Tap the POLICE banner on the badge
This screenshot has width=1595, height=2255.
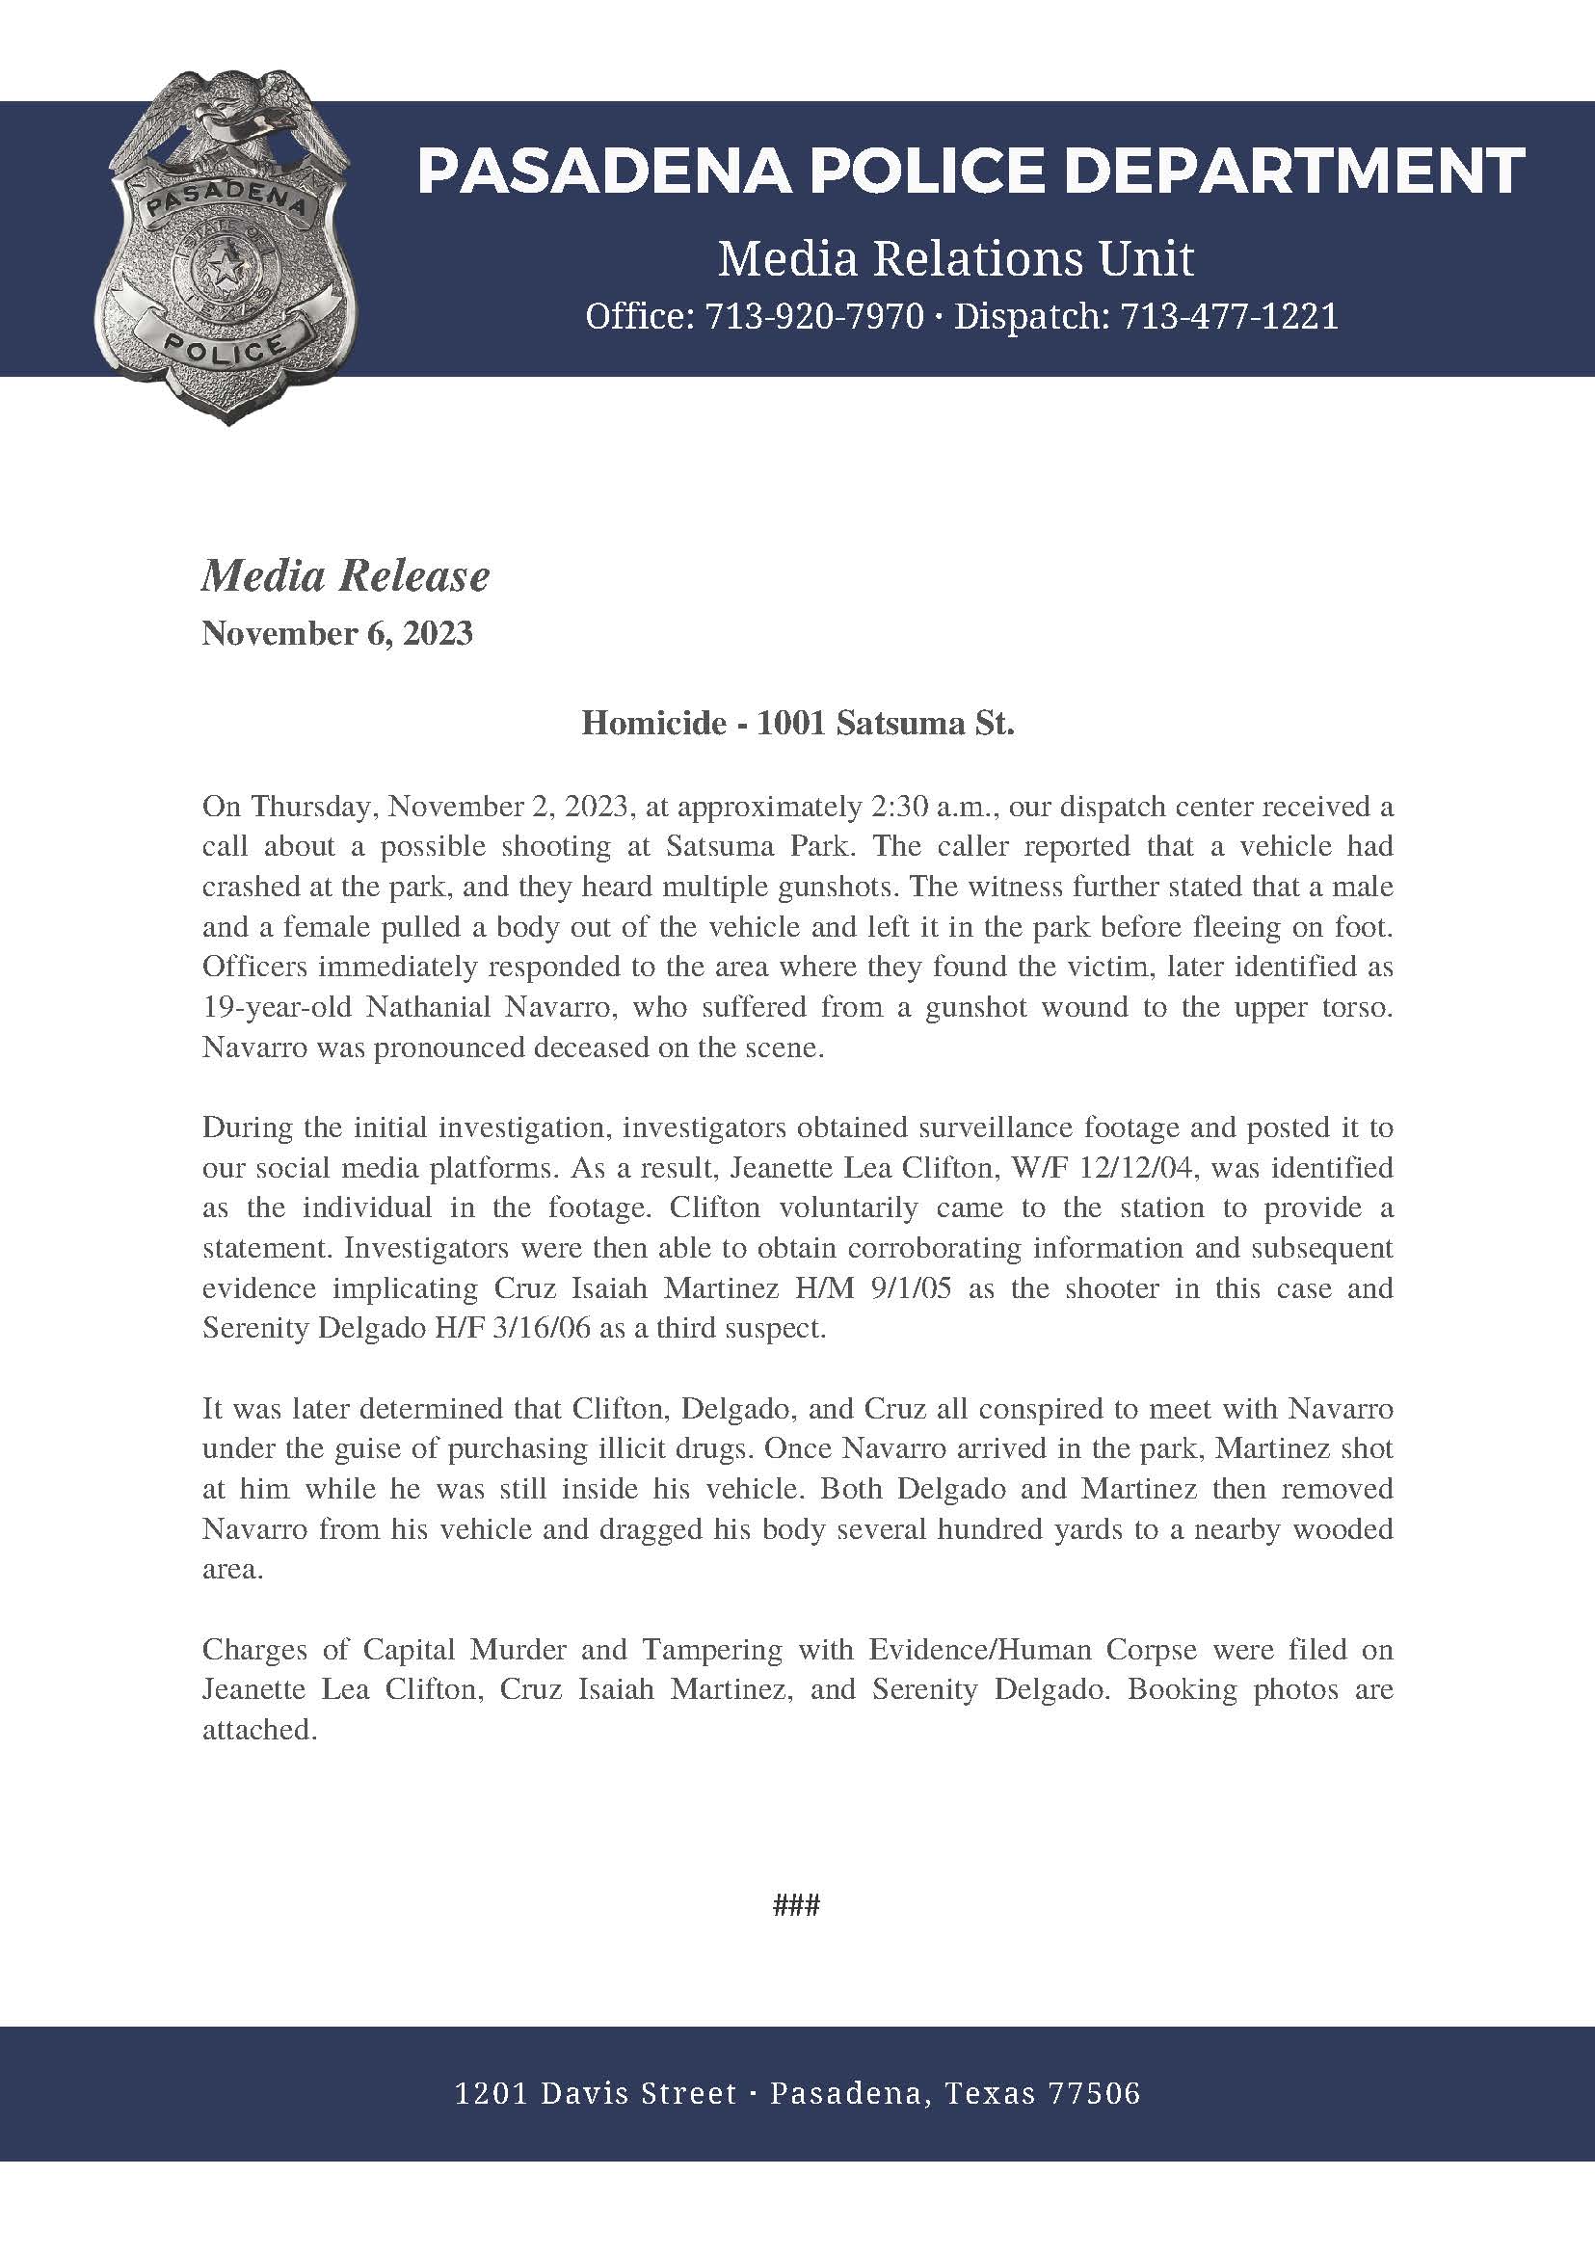click(226, 340)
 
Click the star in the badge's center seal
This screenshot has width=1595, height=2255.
click(226, 263)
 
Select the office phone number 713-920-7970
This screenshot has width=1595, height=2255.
click(814, 316)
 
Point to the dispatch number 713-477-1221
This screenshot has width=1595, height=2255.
click(1229, 316)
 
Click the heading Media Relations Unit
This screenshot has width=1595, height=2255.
click(955, 259)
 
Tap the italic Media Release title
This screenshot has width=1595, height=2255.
click(345, 576)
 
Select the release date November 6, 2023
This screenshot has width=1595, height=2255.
click(337, 633)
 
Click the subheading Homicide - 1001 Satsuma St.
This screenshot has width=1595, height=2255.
click(798, 724)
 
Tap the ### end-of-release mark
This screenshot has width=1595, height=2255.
click(796, 1906)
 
